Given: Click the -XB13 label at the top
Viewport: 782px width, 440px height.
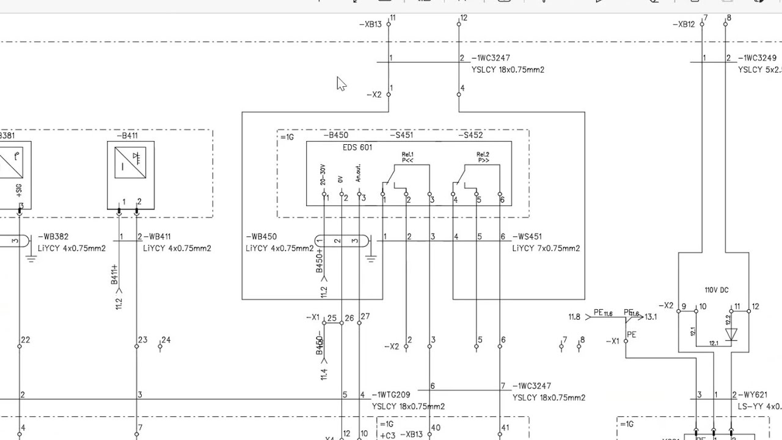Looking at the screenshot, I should [x=371, y=24].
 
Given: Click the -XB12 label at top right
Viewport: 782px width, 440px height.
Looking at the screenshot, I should [x=684, y=24].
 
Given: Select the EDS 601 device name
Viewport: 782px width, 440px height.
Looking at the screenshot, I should [x=357, y=147].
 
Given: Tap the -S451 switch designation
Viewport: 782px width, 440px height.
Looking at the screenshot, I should [x=401, y=136].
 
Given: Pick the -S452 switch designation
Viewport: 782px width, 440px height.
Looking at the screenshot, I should [x=470, y=136].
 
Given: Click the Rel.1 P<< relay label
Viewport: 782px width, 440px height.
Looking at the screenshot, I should [x=407, y=157].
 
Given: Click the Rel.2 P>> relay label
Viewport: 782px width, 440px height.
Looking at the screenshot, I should [x=483, y=157].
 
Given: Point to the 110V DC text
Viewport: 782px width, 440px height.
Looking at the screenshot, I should [x=716, y=290].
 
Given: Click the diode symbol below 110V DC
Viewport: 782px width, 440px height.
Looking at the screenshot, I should [x=731, y=334].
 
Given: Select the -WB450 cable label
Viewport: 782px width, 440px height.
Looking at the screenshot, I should [x=261, y=237].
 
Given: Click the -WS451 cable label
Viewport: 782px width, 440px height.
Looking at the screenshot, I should [x=527, y=237].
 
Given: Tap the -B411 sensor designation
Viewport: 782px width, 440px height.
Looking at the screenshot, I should [x=127, y=136].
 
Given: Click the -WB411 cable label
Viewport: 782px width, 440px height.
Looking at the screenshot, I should [x=158, y=237].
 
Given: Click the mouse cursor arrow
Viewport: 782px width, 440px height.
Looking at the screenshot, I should [x=341, y=84].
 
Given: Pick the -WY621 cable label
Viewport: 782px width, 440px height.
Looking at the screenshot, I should [x=753, y=395].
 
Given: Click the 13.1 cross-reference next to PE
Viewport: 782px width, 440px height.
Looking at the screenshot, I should [x=651, y=317].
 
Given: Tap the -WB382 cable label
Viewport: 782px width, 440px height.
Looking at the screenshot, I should [x=53, y=237].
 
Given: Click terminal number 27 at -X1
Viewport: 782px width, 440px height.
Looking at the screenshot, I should [x=365, y=317].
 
